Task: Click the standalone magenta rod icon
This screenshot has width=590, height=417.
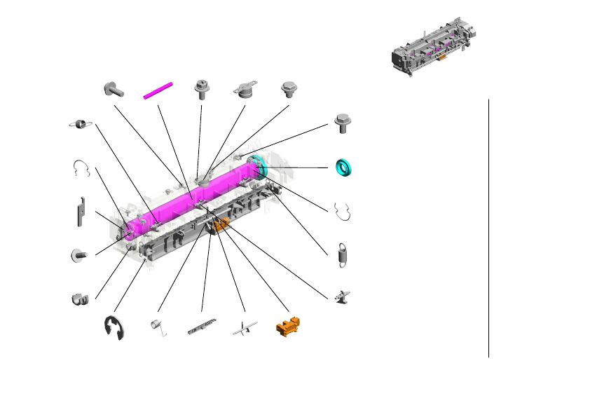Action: tap(158, 90)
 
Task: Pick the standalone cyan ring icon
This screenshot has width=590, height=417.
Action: tap(343, 168)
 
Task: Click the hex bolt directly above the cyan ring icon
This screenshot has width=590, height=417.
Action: tap(343, 123)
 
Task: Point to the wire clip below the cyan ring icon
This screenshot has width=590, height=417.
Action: tap(343, 211)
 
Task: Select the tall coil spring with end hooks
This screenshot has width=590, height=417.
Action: tap(343, 254)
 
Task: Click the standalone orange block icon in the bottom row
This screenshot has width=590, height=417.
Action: tap(288, 326)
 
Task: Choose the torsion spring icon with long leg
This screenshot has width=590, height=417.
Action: tap(159, 327)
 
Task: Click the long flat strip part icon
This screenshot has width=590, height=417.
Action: tap(203, 327)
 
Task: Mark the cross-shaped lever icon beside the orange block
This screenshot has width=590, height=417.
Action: tap(245, 327)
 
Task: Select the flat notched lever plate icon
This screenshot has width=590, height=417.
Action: tap(80, 211)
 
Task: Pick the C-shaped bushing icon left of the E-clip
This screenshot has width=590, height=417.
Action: tap(79, 299)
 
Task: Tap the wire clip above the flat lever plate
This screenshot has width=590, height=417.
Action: tap(82, 168)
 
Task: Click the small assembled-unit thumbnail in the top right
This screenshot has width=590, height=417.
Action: tap(435, 47)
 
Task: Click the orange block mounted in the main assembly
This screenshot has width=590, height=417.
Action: tap(221, 224)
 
